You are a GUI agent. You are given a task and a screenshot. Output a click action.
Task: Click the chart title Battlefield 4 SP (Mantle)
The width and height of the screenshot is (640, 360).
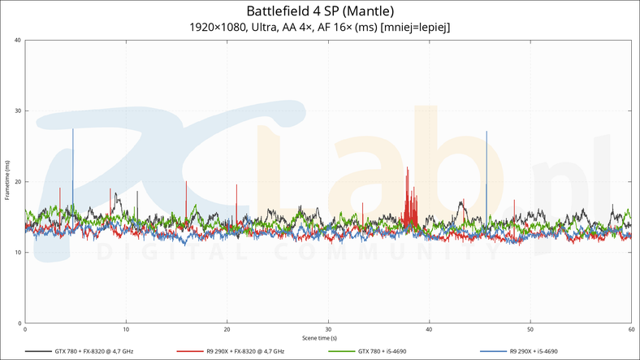tap(319, 11)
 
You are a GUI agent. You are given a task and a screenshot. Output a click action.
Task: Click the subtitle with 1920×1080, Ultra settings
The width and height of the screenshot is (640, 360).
tap(319, 28)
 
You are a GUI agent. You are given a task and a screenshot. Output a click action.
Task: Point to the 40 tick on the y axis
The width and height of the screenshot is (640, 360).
tap(18, 41)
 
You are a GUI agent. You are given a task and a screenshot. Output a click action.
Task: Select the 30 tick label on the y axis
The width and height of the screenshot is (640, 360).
tap(18, 111)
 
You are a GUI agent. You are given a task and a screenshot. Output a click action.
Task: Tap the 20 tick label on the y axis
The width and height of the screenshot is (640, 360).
tap(18, 182)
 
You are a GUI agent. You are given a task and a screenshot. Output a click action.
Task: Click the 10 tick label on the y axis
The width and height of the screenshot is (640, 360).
tap(18, 253)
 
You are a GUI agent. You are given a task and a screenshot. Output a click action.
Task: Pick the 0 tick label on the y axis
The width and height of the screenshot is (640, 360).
tap(19, 323)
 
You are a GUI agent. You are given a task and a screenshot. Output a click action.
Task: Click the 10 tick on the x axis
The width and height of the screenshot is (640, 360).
tap(126, 329)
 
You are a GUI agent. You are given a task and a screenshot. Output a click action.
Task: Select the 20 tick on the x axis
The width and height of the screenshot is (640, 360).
tap(227, 329)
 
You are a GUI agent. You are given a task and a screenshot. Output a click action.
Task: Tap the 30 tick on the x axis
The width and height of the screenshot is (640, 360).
tap(328, 329)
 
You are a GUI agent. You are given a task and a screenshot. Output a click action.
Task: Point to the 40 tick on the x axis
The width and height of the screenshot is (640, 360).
tap(429, 329)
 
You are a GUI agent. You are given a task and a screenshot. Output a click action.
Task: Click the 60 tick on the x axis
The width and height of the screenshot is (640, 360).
tap(630, 329)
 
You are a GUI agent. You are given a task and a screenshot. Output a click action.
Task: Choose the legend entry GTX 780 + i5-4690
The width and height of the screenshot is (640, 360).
tap(382, 352)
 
